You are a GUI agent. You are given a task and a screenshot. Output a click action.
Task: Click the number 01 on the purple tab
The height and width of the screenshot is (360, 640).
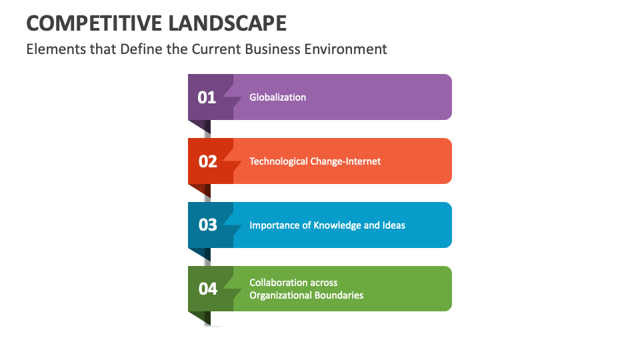(x=207, y=97)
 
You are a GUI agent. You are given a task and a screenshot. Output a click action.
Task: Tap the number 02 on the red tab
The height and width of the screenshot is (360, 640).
(x=208, y=161)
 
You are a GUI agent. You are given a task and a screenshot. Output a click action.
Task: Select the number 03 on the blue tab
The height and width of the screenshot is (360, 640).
(x=208, y=225)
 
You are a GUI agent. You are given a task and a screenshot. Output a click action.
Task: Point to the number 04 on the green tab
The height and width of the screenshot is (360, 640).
(x=208, y=289)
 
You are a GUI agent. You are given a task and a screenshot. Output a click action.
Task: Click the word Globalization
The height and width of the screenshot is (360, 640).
(x=277, y=97)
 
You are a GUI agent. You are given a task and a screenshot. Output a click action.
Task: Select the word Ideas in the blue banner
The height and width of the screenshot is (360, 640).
(x=393, y=225)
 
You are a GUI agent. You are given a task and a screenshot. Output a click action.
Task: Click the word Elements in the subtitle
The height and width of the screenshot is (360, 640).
(x=52, y=49)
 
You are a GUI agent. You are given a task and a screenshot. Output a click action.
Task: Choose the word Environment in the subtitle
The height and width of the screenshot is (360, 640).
(x=346, y=49)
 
